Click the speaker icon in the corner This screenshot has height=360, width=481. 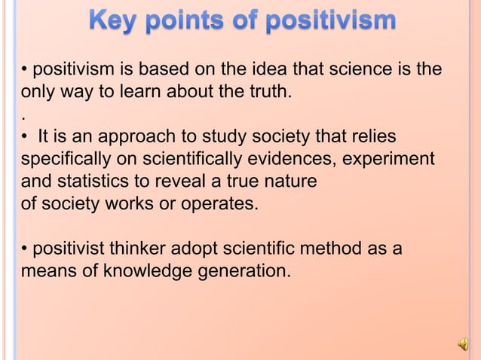(x=462, y=343)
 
